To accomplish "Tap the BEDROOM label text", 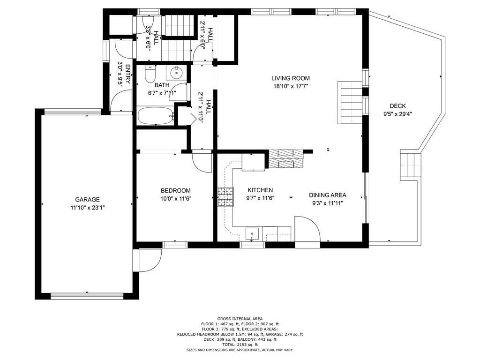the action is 176,190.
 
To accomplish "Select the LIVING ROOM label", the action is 291,78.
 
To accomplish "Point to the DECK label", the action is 397,106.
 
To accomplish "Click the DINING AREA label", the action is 328,195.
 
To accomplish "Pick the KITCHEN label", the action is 260,190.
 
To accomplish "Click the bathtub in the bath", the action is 156,116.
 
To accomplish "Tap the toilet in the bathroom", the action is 150,74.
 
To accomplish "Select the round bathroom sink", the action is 177,73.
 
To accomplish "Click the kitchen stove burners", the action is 225,196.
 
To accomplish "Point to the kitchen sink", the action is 252,234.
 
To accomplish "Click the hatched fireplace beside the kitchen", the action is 286,158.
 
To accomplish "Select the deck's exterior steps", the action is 411,166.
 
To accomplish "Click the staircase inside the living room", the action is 350,102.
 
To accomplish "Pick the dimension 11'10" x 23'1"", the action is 88,208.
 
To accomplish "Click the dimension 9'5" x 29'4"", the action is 397,114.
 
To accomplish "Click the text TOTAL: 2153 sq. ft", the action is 240,345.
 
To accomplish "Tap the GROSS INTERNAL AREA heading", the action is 240,319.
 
